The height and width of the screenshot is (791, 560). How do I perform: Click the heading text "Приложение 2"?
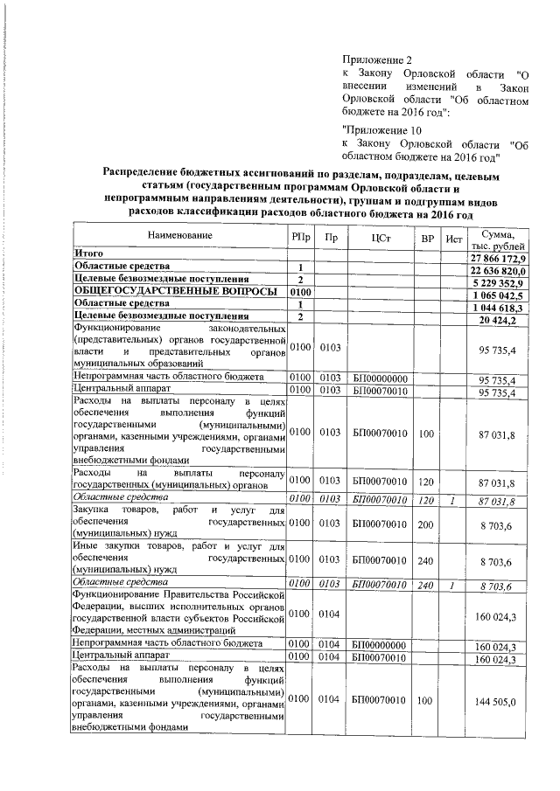coord(378,60)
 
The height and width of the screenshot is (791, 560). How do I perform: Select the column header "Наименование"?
coord(179,237)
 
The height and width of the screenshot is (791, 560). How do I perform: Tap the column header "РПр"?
coord(300,237)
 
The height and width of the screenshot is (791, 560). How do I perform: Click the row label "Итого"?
coord(88,253)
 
